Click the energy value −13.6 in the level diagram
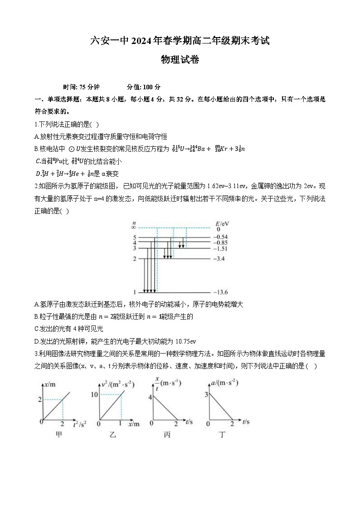pyautogui.click(x=221, y=292)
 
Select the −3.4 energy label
pyautogui.click(x=220, y=259)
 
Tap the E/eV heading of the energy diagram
pyautogui.click(x=223, y=223)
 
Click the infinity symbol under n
pyautogui.click(x=134, y=228)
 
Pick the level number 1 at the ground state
pyautogui.click(x=134, y=292)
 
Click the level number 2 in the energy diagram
pyautogui.click(x=134, y=259)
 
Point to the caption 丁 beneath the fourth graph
pyautogui.click(x=222, y=435)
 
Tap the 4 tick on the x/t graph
pyautogui.click(x=150, y=398)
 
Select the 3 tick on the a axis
pyautogui.click(x=206, y=395)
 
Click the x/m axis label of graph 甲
pyautogui.click(x=50, y=384)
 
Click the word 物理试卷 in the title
pyautogui.click(x=180, y=59)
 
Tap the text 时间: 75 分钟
pyautogui.click(x=82, y=87)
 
